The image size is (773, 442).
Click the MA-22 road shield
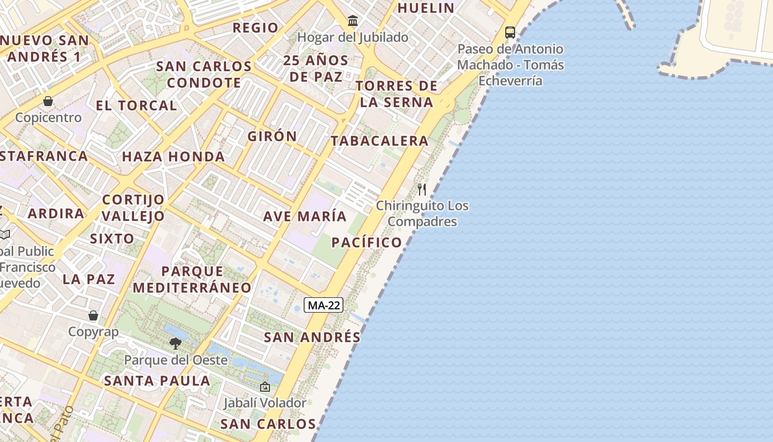324,305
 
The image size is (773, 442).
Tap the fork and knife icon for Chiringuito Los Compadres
422,190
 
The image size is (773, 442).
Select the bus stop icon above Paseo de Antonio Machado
510,33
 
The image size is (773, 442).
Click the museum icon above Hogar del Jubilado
353,22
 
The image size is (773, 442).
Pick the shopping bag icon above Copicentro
48,101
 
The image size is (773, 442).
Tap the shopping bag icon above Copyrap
93,315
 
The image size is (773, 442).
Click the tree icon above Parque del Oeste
176,344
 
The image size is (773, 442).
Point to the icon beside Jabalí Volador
265,387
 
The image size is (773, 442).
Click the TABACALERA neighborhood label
380,141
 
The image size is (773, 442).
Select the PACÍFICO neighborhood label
367,242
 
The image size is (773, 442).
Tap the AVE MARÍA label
305,216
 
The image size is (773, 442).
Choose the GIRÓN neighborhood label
272,136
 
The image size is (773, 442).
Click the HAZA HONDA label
173,157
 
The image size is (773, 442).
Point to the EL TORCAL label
136,106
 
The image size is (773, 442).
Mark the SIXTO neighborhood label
112,239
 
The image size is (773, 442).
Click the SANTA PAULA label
157,381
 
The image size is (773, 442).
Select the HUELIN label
426,8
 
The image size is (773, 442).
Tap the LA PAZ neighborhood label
89,279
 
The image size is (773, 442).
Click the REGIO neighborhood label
256,28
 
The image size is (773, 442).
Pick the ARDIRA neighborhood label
56,213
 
